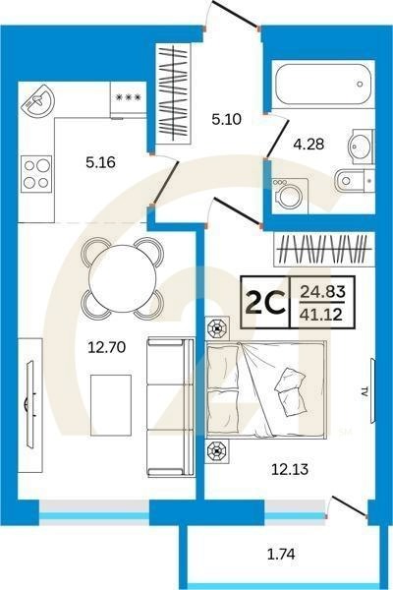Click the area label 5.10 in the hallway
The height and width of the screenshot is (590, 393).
click(226, 120)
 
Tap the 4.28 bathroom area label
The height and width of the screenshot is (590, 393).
click(309, 145)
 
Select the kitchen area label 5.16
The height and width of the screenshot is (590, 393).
click(100, 162)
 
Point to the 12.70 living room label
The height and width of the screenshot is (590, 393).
click(106, 347)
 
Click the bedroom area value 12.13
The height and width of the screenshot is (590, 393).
click(290, 469)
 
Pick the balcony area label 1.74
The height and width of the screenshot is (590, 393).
click(281, 554)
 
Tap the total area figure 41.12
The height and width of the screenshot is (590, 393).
click(321, 314)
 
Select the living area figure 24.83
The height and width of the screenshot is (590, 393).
click(322, 292)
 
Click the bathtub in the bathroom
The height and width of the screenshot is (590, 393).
click(323, 84)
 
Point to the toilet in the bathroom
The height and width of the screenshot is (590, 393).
click(354, 181)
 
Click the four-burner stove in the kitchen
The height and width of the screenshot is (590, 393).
click(36, 173)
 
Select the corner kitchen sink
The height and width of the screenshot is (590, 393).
click(38, 100)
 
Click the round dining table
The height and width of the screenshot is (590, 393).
click(123, 278)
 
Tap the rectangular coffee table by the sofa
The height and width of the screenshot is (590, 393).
click(111, 405)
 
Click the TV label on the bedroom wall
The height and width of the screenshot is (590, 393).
click(365, 393)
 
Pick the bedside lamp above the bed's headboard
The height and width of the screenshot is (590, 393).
click(218, 328)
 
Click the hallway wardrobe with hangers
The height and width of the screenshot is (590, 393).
click(173, 91)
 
